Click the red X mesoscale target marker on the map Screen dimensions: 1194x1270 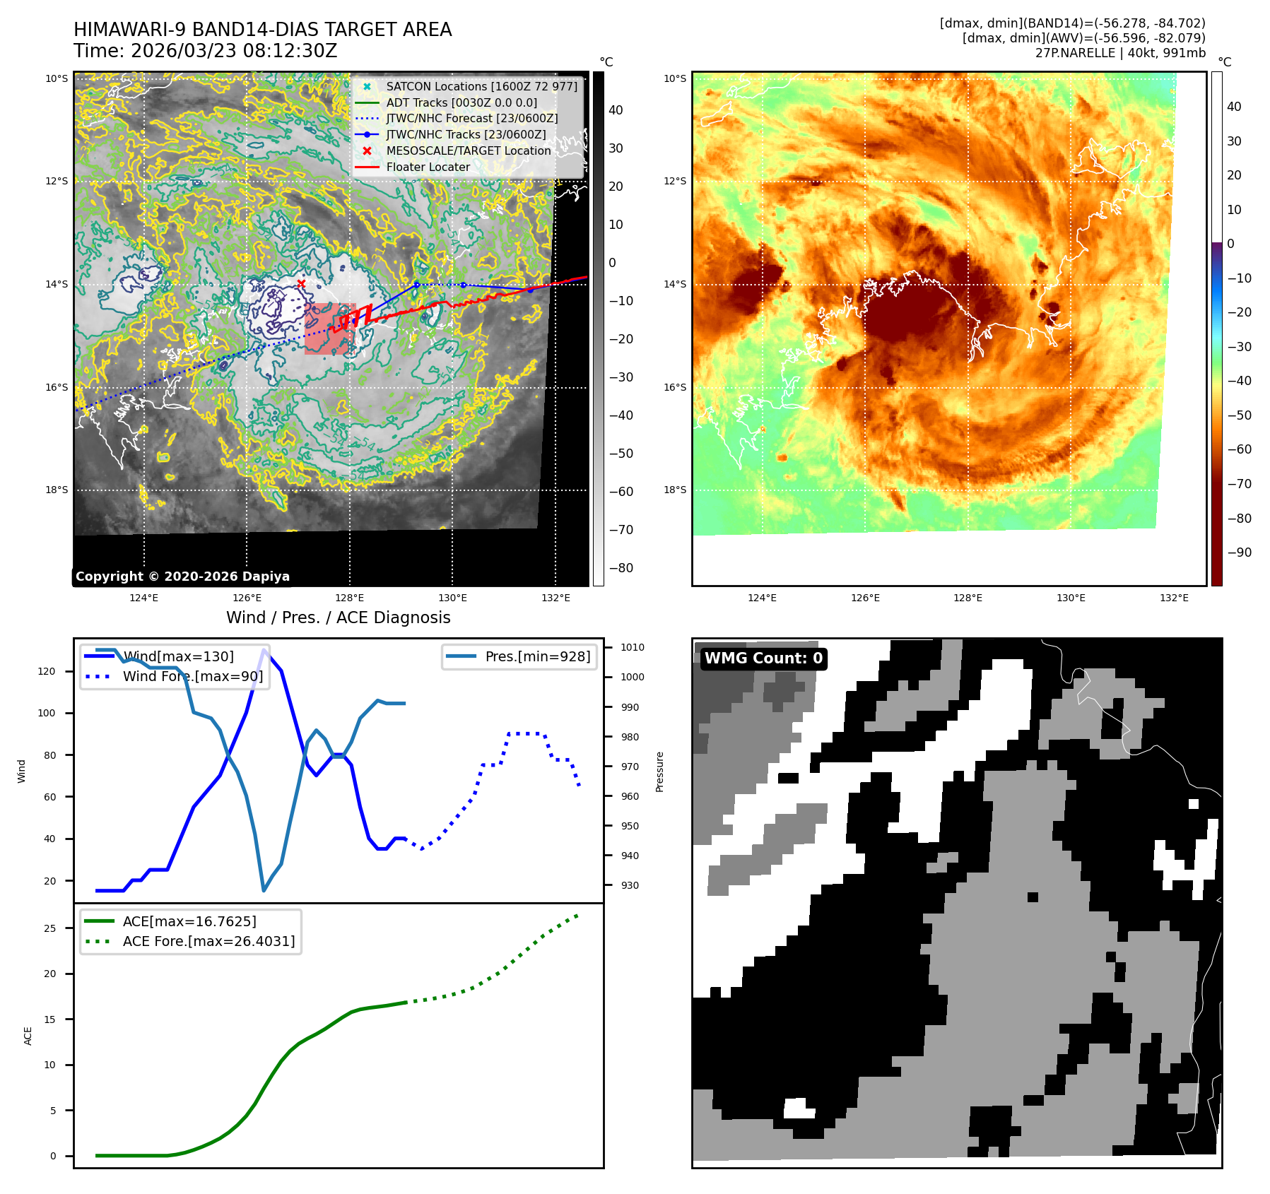click(x=301, y=284)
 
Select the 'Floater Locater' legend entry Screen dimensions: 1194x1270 click(x=428, y=167)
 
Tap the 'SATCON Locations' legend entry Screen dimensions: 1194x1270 click(x=481, y=86)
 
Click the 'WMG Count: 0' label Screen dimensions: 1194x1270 click(x=763, y=658)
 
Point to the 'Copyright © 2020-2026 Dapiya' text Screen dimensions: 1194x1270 click(x=182, y=577)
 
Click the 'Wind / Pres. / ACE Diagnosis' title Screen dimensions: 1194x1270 click(x=338, y=617)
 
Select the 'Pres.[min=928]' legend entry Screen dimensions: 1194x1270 click(x=537, y=656)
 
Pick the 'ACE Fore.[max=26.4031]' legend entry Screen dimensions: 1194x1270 click(x=208, y=941)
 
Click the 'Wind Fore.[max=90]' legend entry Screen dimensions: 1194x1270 click(x=192, y=676)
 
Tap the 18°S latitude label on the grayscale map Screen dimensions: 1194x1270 click(x=57, y=490)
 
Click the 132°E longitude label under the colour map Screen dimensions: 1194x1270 click(x=1174, y=598)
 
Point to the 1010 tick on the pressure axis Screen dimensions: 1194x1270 click(x=632, y=647)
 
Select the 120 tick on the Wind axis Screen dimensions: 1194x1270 click(x=47, y=671)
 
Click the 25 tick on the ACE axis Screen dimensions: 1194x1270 click(x=49, y=928)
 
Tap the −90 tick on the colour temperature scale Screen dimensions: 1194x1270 click(x=1239, y=552)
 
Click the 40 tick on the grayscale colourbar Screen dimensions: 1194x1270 click(x=616, y=110)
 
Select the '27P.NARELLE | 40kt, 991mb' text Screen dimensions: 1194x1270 click(x=1120, y=53)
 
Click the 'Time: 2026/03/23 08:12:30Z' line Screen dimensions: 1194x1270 click(x=205, y=51)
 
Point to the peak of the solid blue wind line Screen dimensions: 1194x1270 click(x=264, y=649)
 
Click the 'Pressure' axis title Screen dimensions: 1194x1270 click(x=659, y=772)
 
